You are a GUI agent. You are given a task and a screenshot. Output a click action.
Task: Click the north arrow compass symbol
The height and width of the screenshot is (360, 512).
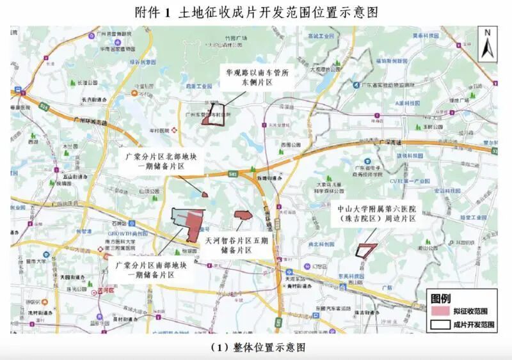(x=487, y=43)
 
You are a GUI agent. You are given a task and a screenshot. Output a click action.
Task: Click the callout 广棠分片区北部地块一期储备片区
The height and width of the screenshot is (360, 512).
(x=161, y=160)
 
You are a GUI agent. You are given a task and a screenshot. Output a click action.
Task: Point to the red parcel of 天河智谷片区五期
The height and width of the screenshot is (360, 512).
(x=243, y=215)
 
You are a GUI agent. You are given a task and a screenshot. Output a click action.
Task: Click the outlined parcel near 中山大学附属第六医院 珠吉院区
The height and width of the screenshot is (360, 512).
(x=365, y=250)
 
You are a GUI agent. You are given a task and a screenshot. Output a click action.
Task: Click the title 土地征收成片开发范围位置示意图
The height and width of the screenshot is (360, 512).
(x=256, y=12)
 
